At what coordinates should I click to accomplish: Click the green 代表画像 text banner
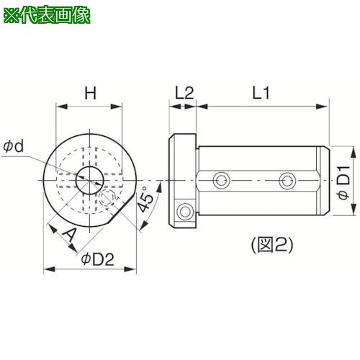tap(47, 16)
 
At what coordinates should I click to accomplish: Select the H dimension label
tap(90, 93)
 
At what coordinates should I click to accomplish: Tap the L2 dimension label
tap(184, 93)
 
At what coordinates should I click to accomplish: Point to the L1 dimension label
tap(261, 93)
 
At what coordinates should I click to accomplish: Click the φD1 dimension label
tap(344, 182)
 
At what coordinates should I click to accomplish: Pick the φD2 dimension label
tap(97, 259)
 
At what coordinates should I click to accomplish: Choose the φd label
tap(14, 146)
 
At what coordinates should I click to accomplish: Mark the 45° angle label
tap(145, 199)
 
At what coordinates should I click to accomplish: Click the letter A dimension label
tap(69, 235)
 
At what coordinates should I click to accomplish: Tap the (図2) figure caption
tap(272, 245)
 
